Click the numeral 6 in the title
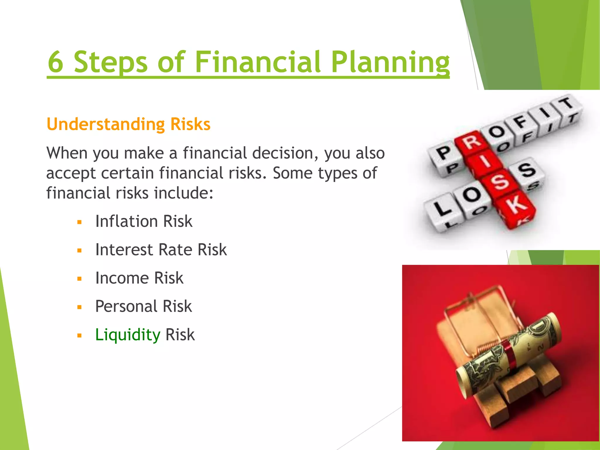tap(56, 62)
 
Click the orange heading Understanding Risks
tap(128, 124)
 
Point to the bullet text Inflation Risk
tap(144, 221)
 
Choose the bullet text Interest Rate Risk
tap(161, 250)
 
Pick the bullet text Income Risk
tap(139, 278)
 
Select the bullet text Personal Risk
tap(144, 306)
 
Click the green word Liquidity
tap(128, 335)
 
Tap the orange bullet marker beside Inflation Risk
tap(79, 222)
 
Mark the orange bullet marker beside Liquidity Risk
tap(79, 336)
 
